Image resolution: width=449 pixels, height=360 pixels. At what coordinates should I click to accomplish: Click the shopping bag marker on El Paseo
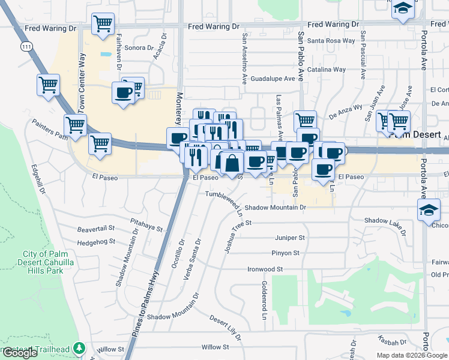[232, 163]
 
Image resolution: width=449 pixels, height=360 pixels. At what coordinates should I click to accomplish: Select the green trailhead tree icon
[79, 348]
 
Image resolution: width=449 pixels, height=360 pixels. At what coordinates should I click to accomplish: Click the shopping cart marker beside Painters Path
[76, 125]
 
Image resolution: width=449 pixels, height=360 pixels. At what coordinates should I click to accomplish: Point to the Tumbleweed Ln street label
[225, 202]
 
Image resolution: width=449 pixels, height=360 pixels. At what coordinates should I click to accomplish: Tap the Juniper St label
[290, 238]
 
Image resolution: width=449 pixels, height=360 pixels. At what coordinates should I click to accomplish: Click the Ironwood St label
[265, 269]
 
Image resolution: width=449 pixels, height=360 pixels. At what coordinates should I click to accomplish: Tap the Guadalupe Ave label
[273, 79]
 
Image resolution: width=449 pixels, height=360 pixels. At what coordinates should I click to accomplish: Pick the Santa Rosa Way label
[331, 41]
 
